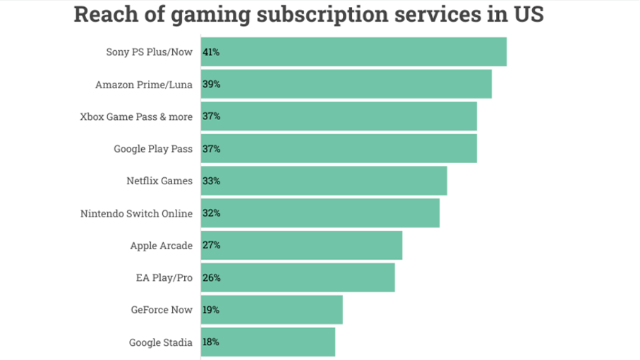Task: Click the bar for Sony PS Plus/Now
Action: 354,52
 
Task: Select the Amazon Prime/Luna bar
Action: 346,84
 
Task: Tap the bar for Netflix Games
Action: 324,181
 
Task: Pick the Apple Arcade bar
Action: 301,245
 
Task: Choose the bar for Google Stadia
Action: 268,342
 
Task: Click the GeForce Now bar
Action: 272,310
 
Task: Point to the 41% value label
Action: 211,52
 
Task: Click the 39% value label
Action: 211,84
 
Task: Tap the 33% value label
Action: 211,181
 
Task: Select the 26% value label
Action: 211,277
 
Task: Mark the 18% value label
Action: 211,342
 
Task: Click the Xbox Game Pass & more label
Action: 135,116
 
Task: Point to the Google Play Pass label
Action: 152,149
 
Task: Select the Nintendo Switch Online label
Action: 136,213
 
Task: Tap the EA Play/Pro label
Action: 164,277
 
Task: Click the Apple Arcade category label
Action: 161,245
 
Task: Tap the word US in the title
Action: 528,15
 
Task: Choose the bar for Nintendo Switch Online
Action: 320,213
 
